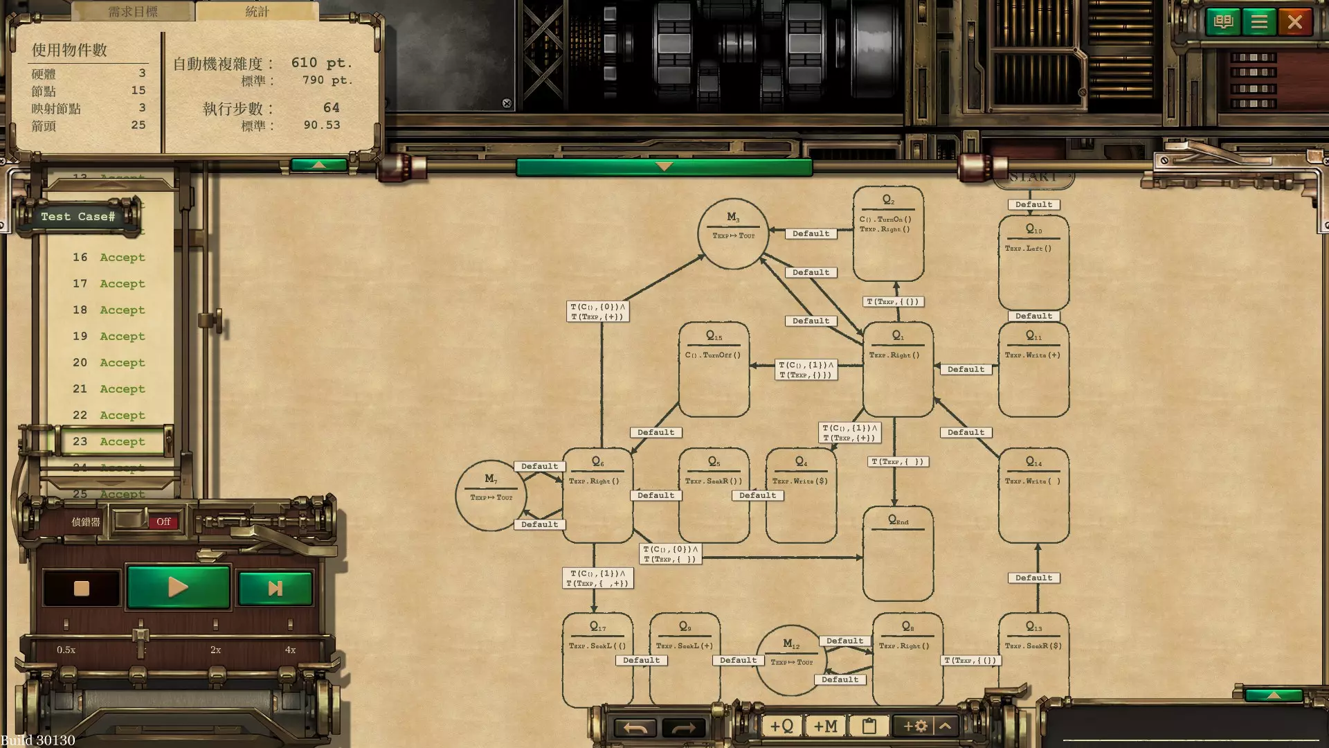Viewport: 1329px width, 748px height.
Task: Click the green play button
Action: point(178,587)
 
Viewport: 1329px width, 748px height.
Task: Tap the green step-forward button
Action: point(275,589)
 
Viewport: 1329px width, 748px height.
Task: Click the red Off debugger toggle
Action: point(163,522)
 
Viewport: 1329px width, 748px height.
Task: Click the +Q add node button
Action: point(781,726)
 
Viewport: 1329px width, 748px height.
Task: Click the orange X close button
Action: point(1294,22)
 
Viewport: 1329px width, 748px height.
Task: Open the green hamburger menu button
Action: point(1258,22)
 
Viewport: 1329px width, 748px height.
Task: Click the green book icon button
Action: point(1223,22)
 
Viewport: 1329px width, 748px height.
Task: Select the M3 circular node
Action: point(733,233)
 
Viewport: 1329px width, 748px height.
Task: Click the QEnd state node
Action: point(898,554)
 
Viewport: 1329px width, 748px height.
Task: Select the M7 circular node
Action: point(491,495)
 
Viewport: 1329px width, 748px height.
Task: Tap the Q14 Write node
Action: point(1033,495)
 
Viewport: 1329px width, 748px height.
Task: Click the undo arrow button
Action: point(635,727)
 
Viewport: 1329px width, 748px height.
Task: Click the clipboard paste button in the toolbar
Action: point(869,726)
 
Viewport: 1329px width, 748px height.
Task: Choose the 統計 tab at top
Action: point(257,11)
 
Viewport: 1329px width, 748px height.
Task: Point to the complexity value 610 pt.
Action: point(321,63)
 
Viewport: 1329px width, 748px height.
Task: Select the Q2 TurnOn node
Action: point(888,233)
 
